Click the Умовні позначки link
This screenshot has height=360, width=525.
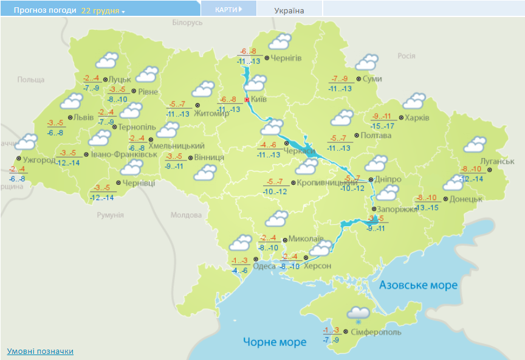point(40,351)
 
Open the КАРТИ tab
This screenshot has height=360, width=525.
point(228,10)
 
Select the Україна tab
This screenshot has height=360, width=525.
point(289,10)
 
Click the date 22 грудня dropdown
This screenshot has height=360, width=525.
point(103,11)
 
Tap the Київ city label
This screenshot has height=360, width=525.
point(259,99)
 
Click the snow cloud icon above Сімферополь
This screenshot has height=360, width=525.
point(358,314)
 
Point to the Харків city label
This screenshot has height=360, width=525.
point(417,117)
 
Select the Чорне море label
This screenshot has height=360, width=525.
point(275,342)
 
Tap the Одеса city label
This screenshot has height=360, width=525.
point(264,266)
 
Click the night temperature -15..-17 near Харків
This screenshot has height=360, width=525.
point(383,126)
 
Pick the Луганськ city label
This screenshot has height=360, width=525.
point(496,161)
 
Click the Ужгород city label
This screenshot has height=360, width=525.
point(39,161)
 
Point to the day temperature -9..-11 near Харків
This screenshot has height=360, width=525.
point(383,116)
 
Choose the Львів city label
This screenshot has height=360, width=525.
point(83,117)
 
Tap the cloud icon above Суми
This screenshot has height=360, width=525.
point(366,62)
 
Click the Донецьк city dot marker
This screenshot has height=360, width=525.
point(445,199)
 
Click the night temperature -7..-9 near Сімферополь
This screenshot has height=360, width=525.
point(332,340)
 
